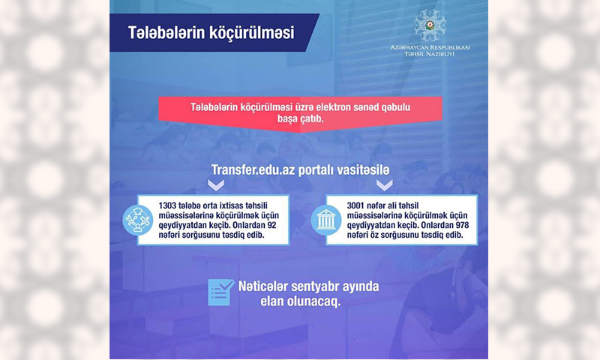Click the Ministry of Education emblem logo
point(430,25)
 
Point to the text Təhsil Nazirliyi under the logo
point(430,54)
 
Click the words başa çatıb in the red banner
point(301,118)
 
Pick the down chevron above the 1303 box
point(216,185)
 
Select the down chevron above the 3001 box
point(385,185)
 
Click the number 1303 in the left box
point(167,205)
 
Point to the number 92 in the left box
point(271,225)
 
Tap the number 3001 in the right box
point(355,205)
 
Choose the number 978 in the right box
point(462,225)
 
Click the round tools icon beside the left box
point(137,220)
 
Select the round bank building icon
point(326,220)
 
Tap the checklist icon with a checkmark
point(220,292)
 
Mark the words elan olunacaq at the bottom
point(301,301)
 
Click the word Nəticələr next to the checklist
point(263,286)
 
